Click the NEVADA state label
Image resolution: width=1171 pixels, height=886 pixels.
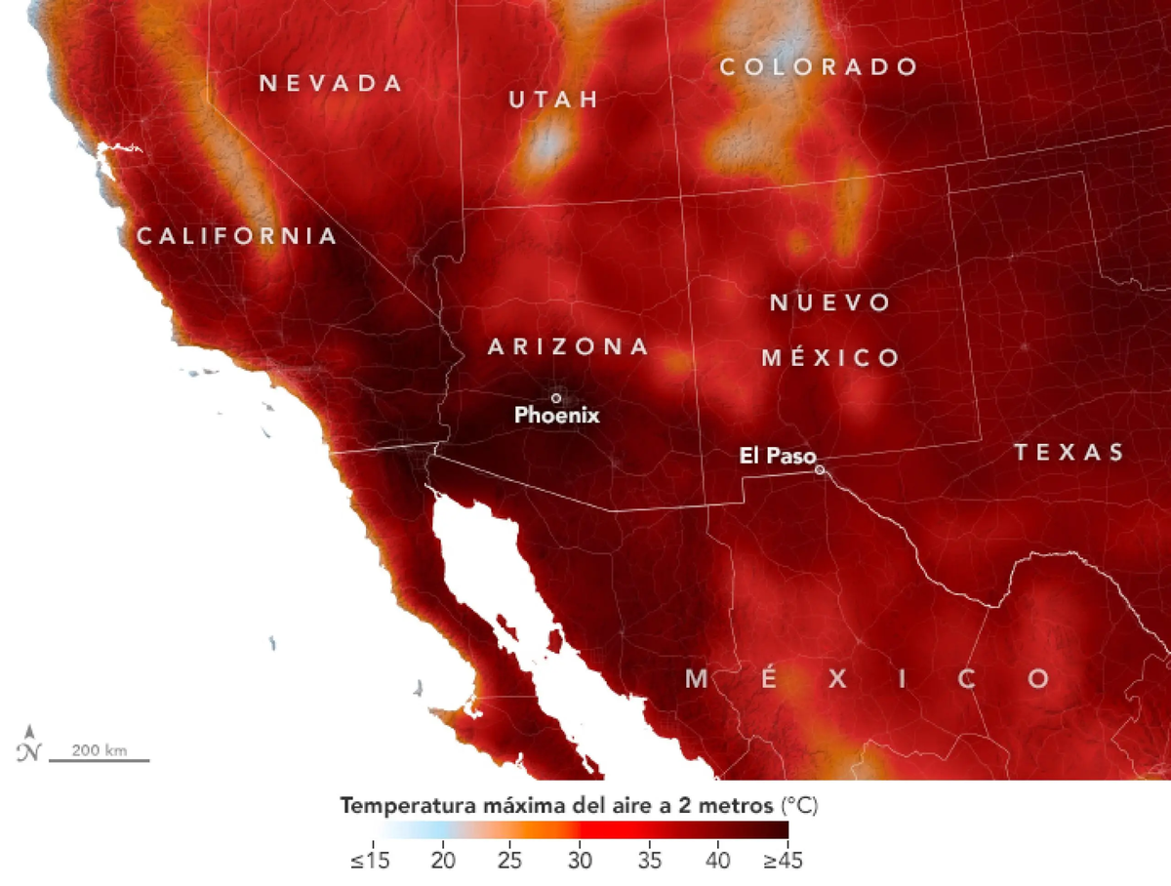[x=331, y=83]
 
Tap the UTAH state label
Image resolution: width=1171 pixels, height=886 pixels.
[x=553, y=100]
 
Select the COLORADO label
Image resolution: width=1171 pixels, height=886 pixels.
[x=819, y=66]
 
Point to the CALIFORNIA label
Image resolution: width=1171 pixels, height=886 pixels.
[x=237, y=236]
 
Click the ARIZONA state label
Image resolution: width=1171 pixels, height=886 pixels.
[x=568, y=346]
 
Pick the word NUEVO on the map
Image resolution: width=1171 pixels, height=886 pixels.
[x=830, y=302]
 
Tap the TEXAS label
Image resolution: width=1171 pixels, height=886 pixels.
[x=1069, y=452]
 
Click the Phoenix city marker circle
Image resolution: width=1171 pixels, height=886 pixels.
[x=556, y=397]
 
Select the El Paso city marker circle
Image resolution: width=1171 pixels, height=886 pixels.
[x=820, y=469]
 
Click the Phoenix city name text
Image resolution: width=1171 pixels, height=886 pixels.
[x=557, y=416]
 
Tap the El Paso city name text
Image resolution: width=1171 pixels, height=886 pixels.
[x=777, y=456]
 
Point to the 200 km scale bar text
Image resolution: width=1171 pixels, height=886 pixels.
[x=101, y=750]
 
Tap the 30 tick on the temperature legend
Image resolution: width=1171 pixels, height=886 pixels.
[x=581, y=862]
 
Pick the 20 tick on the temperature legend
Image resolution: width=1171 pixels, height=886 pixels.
[x=444, y=862]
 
